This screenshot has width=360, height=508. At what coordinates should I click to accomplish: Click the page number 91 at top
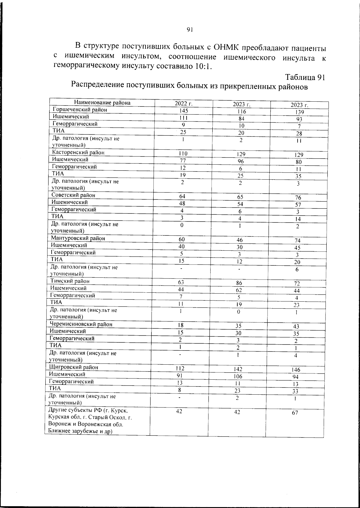[x=189, y=29]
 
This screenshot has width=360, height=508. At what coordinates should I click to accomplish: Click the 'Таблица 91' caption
[x=305, y=77]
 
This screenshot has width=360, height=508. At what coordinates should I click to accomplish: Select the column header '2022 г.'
[x=184, y=104]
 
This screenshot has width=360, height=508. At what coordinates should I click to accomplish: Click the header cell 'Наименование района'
[x=102, y=103]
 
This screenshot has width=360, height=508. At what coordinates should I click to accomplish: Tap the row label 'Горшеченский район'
[x=80, y=110]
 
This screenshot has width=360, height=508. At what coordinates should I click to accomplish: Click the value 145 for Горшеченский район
[x=183, y=111]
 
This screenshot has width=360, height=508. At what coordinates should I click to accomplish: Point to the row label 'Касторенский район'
[x=78, y=152]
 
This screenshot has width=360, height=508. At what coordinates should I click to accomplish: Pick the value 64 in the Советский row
[x=182, y=196]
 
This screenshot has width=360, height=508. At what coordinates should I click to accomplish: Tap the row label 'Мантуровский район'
[x=78, y=238]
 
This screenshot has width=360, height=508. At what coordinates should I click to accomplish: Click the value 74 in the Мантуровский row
[x=297, y=241]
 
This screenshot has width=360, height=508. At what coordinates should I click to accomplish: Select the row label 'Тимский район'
[x=70, y=281]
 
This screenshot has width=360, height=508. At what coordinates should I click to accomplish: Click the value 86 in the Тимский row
[x=239, y=283]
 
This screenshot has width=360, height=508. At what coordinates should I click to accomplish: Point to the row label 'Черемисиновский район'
[x=81, y=324]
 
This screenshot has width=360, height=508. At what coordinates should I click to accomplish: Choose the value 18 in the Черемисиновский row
[x=181, y=325]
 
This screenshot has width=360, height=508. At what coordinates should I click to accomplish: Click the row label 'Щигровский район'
[x=74, y=367]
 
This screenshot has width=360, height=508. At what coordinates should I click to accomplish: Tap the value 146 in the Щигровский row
[x=296, y=370]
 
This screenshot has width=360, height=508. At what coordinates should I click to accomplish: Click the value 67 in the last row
[x=295, y=413]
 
